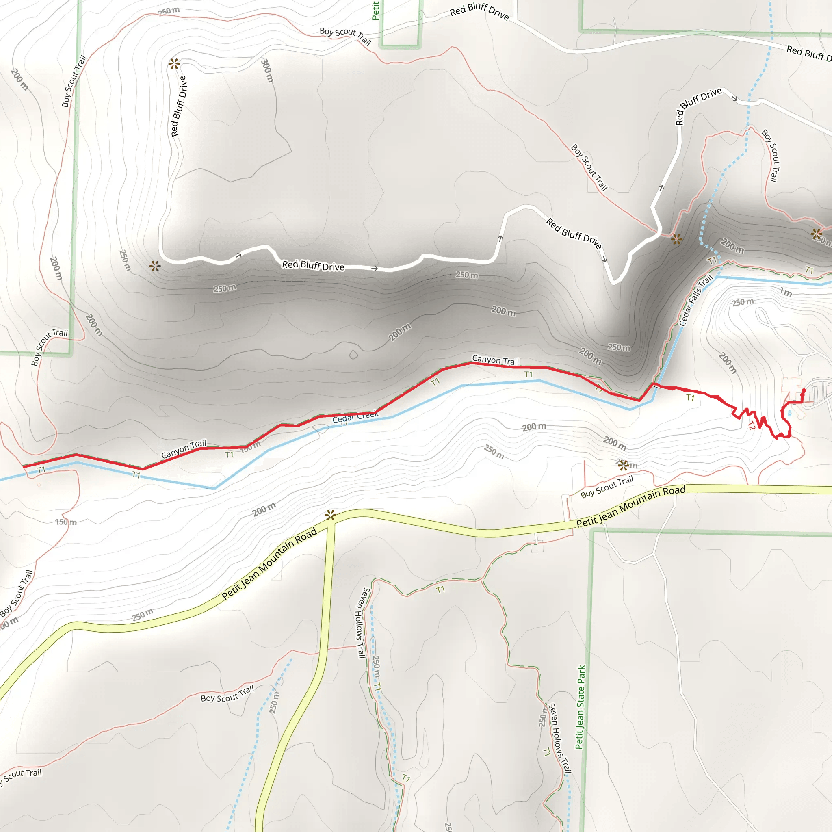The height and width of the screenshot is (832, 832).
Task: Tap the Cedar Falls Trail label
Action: tap(695, 300)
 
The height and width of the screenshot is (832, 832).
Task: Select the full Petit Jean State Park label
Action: tap(581, 707)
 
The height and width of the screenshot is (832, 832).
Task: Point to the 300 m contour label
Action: tap(267, 70)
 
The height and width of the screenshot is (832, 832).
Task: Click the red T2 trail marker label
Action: tap(752, 426)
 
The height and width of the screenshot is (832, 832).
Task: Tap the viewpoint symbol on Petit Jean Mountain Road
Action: tap(330, 515)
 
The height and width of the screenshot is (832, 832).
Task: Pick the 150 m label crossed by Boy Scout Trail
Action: tap(66, 522)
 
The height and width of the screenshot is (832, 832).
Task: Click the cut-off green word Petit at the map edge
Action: tap(375, 10)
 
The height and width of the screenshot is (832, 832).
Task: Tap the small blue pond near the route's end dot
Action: tap(789, 413)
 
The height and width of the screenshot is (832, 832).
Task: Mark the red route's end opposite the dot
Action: tap(24, 466)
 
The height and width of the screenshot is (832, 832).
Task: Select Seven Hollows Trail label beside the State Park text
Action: tap(559, 738)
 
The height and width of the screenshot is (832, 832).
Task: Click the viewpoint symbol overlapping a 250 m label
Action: tap(623, 465)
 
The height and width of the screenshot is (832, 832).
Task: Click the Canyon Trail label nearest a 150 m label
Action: tap(184, 449)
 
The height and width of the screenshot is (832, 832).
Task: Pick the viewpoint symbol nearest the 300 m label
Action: tap(174, 64)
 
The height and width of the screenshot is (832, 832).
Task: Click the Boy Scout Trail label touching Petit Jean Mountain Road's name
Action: tap(607, 487)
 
